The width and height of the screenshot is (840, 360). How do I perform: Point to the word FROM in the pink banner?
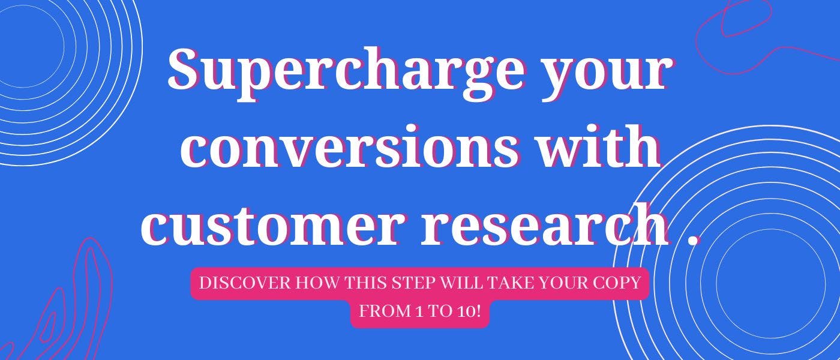coord(377,313)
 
